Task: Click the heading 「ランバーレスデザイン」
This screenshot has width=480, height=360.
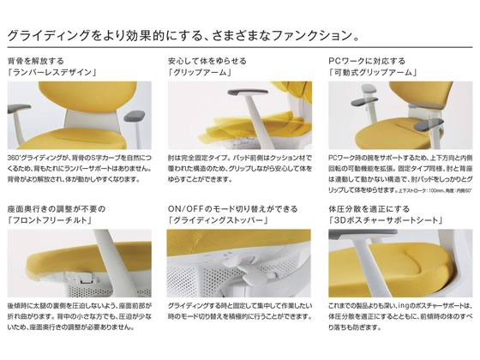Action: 51,73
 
